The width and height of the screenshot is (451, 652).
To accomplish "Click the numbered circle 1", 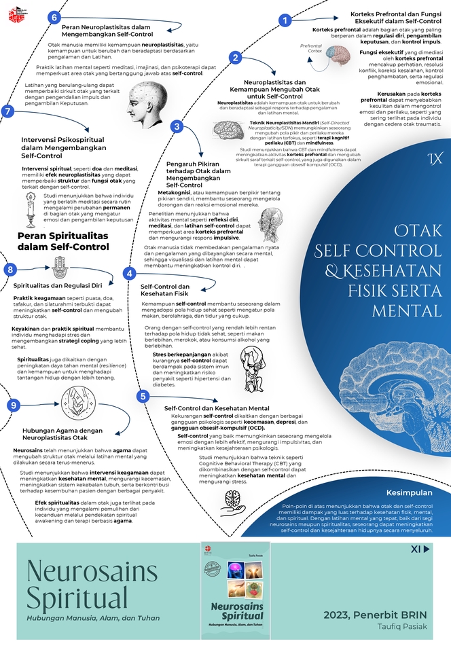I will (286, 21).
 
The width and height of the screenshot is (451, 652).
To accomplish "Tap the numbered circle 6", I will (56, 16).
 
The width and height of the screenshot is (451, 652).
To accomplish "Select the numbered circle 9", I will (12, 405).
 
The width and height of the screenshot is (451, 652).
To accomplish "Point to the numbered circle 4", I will (130, 274).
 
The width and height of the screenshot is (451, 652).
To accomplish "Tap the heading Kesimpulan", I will (410, 491).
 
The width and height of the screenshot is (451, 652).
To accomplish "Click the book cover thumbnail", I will (236, 590).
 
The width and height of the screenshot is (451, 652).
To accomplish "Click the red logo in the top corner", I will (14, 12).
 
